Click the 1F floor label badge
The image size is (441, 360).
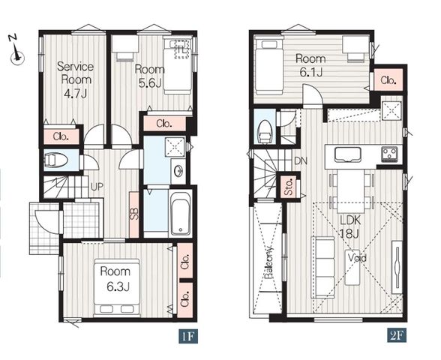[188, 336]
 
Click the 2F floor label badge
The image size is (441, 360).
[397, 335]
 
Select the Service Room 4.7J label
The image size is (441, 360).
[75, 79]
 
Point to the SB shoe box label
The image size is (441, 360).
[134, 214]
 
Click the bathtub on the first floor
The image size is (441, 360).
[180, 213]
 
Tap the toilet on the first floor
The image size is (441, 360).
[56, 160]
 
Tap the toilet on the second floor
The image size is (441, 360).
[265, 131]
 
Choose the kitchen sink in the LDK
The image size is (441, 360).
[348, 154]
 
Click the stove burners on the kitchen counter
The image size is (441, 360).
[389, 154]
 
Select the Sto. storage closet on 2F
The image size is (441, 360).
[289, 187]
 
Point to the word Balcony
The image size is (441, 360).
[269, 262]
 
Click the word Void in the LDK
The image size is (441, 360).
[357, 258]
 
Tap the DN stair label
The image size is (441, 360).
[300, 160]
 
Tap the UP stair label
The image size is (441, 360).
[97, 186]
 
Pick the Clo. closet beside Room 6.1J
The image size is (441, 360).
[388, 80]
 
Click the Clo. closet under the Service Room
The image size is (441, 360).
[61, 136]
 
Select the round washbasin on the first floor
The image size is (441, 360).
[178, 171]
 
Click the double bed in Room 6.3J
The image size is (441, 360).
[117, 288]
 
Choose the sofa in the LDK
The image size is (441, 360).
[322, 267]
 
